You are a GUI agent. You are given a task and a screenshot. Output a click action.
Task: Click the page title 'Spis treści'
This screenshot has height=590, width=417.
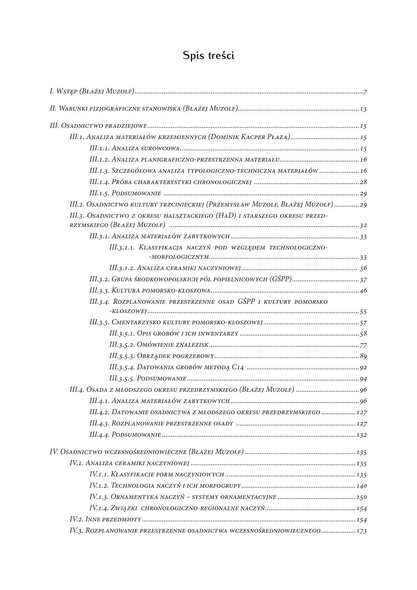pos(208,56)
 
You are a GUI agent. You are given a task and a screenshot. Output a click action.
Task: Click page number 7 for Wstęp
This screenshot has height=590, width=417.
pos(365,92)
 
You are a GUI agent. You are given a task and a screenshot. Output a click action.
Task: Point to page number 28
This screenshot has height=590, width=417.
pos(363,182)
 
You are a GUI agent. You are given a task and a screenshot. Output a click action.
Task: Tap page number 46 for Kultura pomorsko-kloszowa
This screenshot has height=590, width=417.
pos(363,291)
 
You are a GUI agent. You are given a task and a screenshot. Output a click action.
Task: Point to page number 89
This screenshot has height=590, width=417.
pos(363,356)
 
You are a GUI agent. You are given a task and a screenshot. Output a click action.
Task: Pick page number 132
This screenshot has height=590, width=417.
pos(362,435)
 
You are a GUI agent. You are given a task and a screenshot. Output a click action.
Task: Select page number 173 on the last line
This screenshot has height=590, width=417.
pos(362,531)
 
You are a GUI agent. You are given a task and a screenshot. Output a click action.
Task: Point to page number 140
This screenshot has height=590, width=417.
pos(362,486)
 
